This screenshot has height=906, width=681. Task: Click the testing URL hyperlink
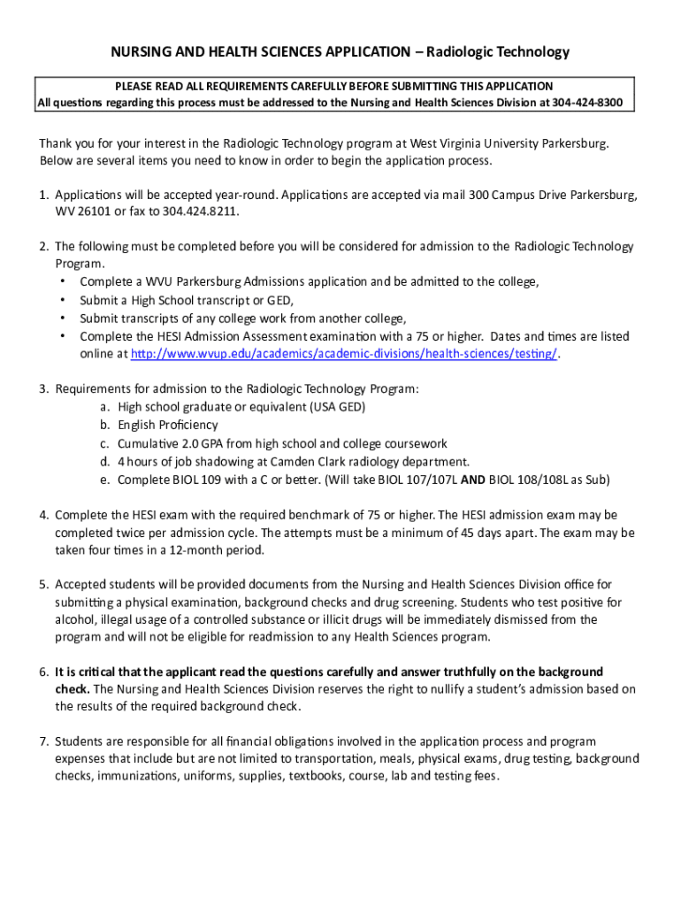pyautogui.click(x=345, y=354)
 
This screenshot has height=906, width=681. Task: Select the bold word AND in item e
pyautogui.click(x=472, y=480)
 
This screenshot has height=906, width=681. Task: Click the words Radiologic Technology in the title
pyautogui.click(x=498, y=52)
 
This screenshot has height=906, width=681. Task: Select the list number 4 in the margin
pyautogui.click(x=42, y=514)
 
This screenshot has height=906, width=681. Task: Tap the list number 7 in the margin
pyautogui.click(x=42, y=741)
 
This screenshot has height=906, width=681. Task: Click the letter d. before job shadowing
pyautogui.click(x=104, y=461)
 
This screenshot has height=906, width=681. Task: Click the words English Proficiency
pyautogui.click(x=167, y=425)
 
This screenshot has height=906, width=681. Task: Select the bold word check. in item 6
pyautogui.click(x=71, y=688)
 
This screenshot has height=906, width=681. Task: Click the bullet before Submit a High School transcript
pyautogui.click(x=63, y=300)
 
